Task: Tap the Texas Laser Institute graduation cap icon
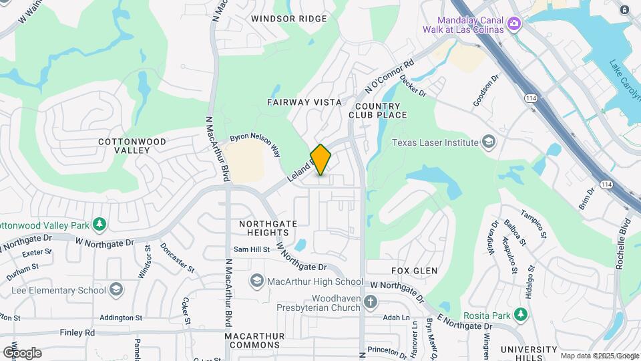click(489, 142)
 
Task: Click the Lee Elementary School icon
click(116, 289)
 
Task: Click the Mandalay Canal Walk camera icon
click(514, 24)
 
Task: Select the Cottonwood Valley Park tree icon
click(99, 223)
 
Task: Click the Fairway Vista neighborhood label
click(304, 102)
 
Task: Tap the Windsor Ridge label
click(288, 19)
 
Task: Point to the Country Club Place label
click(377, 110)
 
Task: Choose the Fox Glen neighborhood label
click(414, 271)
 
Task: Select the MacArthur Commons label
click(252, 340)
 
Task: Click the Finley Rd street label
click(77, 332)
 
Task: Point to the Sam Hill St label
click(251, 249)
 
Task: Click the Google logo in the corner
click(22, 352)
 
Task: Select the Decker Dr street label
click(413, 88)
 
